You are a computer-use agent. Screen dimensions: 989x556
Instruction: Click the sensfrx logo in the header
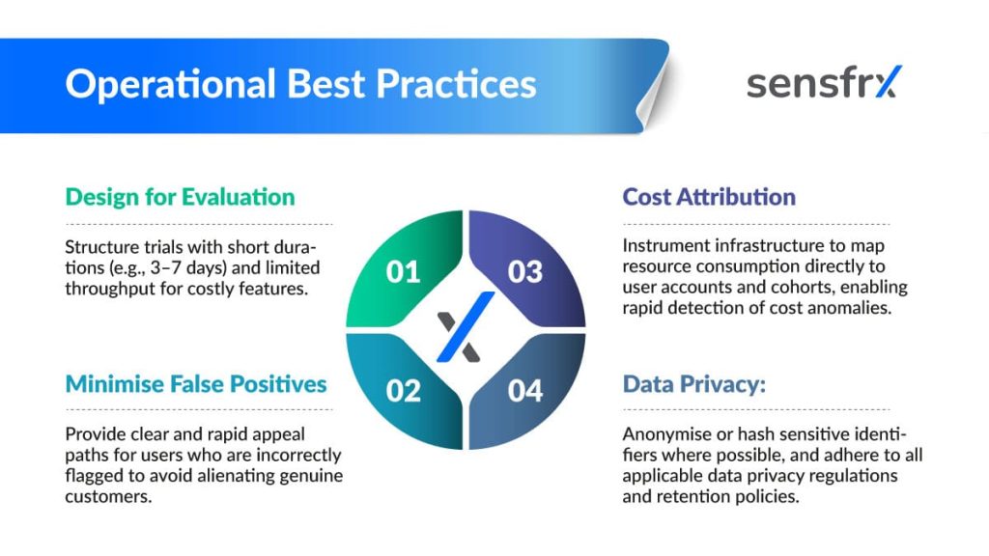tap(825, 83)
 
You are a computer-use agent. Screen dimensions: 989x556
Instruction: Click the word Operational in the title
tap(170, 85)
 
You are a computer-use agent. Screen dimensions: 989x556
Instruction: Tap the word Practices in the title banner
tap(456, 84)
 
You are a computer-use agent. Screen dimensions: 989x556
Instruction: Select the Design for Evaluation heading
tap(180, 197)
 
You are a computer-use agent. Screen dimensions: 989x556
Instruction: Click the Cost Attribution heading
tap(709, 197)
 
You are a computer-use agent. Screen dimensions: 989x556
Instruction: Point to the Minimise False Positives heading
tap(195, 384)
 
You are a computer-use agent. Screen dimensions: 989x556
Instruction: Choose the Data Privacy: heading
tap(693, 384)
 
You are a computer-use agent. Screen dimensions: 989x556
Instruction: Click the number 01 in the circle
tap(403, 272)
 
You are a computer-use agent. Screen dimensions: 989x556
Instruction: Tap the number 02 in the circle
tap(403, 391)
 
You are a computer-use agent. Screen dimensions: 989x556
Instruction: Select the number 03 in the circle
tap(524, 272)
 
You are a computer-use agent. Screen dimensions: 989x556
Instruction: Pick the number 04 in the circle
tap(524, 391)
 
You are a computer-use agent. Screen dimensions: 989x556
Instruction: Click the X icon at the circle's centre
tap(466, 328)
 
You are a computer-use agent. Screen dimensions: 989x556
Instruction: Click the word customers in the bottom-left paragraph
tap(108, 496)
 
